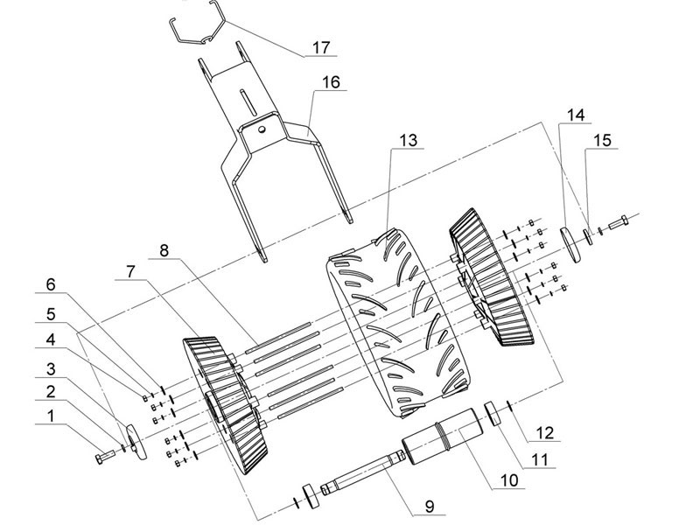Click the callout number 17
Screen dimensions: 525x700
324,46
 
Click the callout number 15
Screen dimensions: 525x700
602,139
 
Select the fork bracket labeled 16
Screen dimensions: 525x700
262,140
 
